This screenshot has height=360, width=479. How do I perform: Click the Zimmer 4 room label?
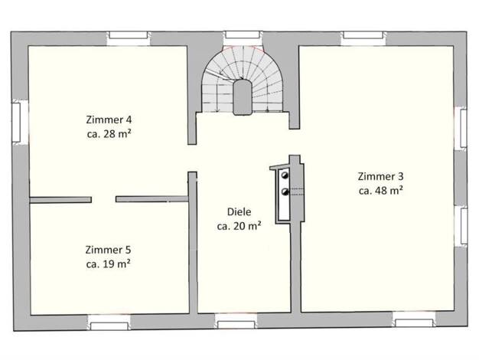pyautogui.click(x=109, y=119)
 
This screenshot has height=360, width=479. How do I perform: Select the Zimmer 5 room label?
pyautogui.click(x=108, y=250)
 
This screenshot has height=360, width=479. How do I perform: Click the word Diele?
pyautogui.click(x=239, y=211)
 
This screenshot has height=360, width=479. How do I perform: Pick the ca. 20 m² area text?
pyautogui.click(x=239, y=226)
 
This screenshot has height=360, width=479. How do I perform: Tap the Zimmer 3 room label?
pyautogui.click(x=380, y=176)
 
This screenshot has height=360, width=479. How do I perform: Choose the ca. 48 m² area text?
pyautogui.click(x=380, y=191)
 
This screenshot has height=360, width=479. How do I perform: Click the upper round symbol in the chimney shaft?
pyautogui.click(x=285, y=175)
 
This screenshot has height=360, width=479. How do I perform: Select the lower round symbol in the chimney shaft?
pyautogui.click(x=285, y=191)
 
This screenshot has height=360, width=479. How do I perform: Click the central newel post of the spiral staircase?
pyautogui.click(x=243, y=97)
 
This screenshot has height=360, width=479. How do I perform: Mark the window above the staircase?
pyautogui.click(x=243, y=35)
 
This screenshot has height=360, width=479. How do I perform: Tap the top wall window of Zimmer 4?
pyautogui.click(x=129, y=35)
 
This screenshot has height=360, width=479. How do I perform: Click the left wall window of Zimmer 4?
pyautogui.click(x=16, y=122)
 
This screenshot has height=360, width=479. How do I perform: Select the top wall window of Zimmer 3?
pyautogui.click(x=363, y=35)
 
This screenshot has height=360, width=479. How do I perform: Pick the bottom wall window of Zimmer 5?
pyautogui.click(x=109, y=326)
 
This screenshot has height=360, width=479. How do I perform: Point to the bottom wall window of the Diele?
pyautogui.click(x=236, y=325)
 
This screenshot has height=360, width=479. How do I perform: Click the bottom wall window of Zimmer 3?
pyautogui.click(x=414, y=323)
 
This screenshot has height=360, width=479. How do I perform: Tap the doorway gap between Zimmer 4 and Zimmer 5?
pyautogui.click(x=103, y=200)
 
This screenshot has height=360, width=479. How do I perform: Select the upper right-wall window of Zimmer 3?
pyautogui.click(x=463, y=128)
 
